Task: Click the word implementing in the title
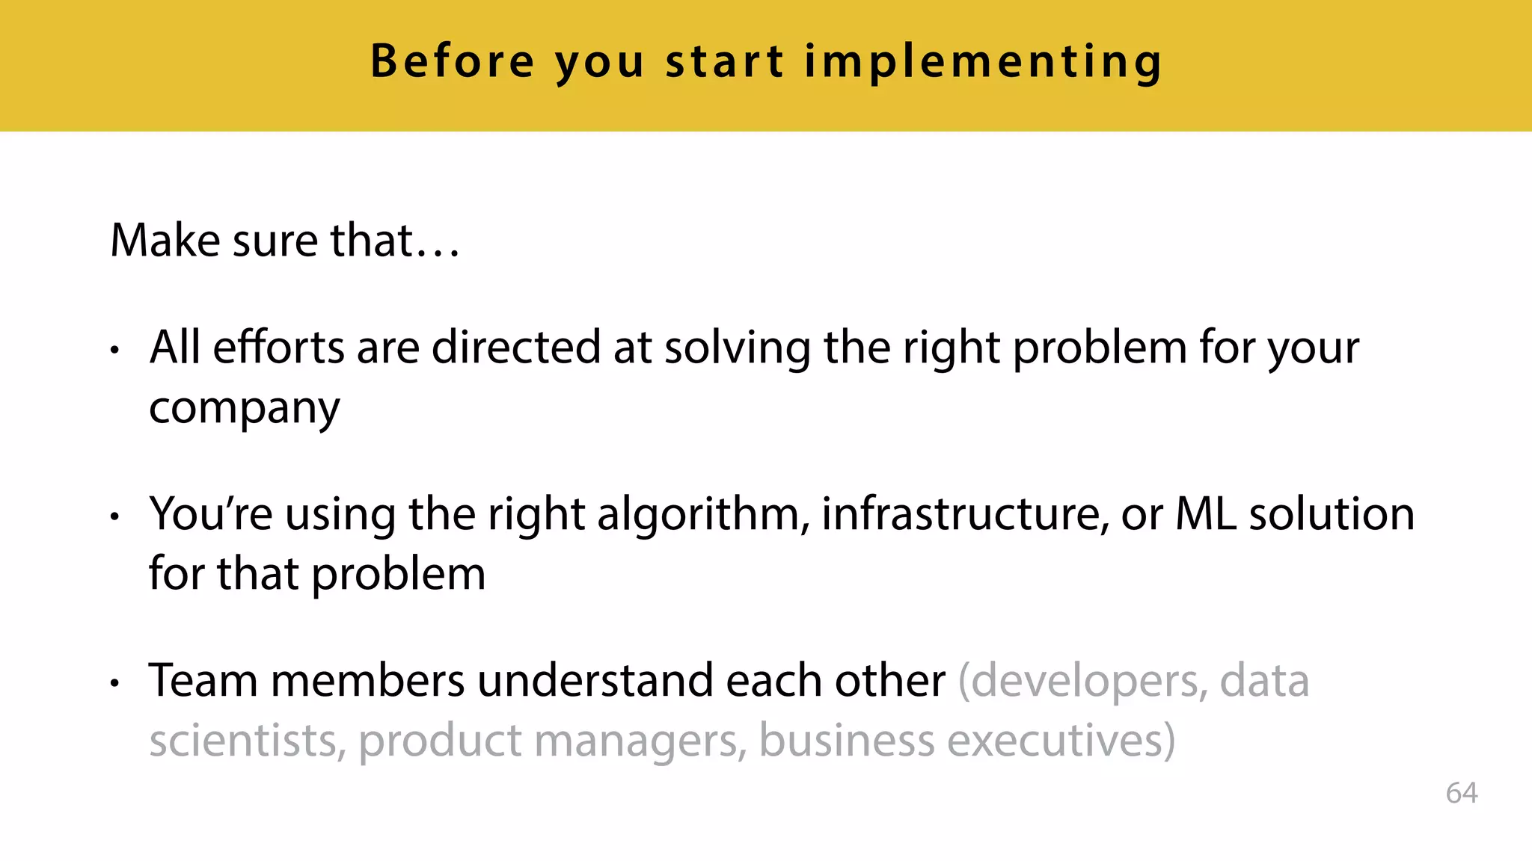983,61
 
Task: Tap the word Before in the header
453,61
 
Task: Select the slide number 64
1461,793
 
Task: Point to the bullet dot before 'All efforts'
114,349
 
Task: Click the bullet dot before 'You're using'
114,516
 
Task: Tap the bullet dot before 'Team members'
114,682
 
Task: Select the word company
245,410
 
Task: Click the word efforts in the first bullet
278,348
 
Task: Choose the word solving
737,349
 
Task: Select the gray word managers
640,742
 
